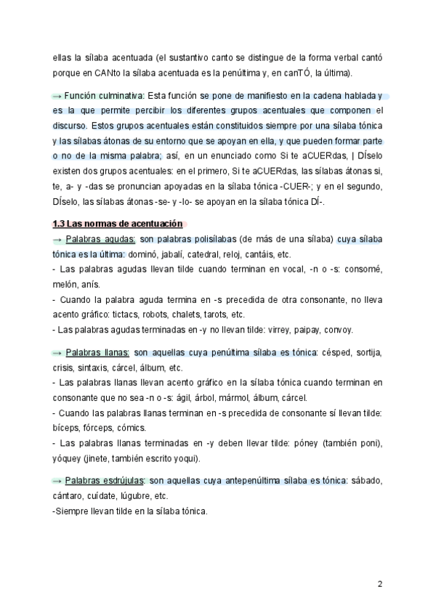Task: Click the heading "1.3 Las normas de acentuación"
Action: tap(117, 224)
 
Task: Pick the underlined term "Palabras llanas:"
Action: tap(97, 352)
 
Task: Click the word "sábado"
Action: tap(368, 481)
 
